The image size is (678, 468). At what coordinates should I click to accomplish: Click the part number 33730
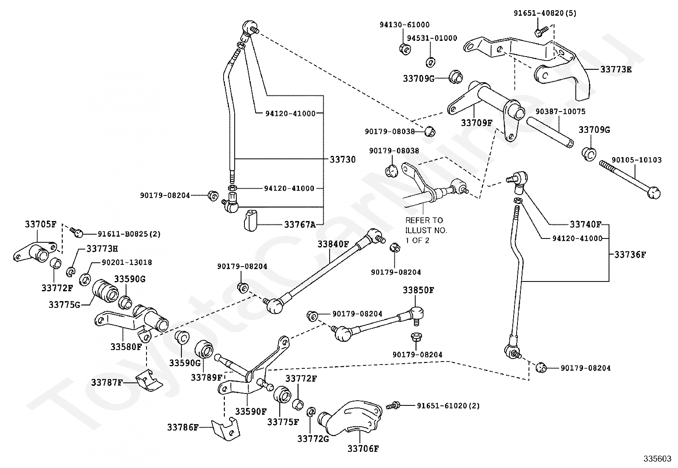point(342,160)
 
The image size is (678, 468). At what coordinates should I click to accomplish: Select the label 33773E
point(616,69)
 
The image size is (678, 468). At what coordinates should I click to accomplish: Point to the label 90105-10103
point(637,160)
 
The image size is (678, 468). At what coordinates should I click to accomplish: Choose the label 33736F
point(630,255)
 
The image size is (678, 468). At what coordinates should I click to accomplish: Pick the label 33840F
point(333,244)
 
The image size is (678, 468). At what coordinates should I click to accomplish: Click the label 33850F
point(418,290)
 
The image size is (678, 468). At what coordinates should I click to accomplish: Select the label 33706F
point(363,448)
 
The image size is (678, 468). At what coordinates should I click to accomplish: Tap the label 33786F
point(183,427)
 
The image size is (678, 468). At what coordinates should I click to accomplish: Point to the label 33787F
point(106,382)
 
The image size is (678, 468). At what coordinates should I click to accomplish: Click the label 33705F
point(40,224)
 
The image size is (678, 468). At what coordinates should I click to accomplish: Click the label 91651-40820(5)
point(545,13)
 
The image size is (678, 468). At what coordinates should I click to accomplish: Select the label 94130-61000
point(405,25)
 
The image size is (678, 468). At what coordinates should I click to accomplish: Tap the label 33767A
point(300,224)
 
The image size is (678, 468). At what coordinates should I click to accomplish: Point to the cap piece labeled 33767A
point(251,220)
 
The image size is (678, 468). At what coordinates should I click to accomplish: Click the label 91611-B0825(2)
point(123,234)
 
